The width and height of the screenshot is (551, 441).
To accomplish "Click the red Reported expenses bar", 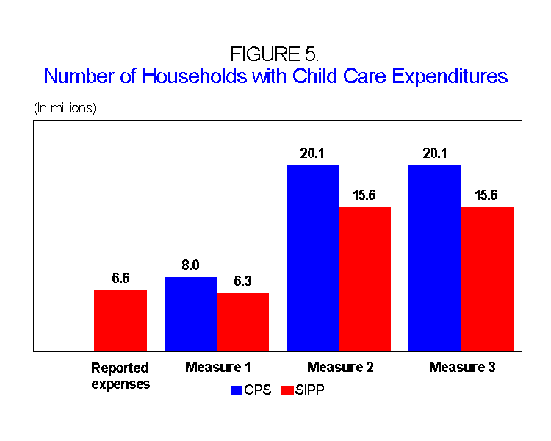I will (x=120, y=320).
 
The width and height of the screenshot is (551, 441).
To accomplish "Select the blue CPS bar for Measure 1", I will (x=191, y=314).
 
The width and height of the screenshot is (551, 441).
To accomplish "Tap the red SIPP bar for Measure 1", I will (x=243, y=322).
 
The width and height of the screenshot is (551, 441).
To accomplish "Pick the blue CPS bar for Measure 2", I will (x=313, y=258).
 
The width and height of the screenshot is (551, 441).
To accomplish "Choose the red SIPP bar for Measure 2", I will (x=365, y=279).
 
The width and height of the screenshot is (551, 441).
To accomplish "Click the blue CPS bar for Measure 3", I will (x=435, y=258).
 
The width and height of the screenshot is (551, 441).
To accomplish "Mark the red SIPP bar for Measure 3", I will (x=487, y=279).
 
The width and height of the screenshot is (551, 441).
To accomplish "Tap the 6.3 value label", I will (x=243, y=281).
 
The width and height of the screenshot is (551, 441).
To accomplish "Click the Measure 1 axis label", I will (x=218, y=367).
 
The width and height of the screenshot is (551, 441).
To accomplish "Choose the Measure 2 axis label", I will (x=340, y=367).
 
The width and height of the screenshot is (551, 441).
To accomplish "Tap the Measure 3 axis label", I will (x=462, y=367).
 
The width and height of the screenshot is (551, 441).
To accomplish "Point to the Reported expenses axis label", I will (x=120, y=375).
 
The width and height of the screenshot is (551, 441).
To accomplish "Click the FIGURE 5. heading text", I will (x=275, y=54).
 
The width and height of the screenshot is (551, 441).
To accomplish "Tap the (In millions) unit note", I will (x=65, y=108).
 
